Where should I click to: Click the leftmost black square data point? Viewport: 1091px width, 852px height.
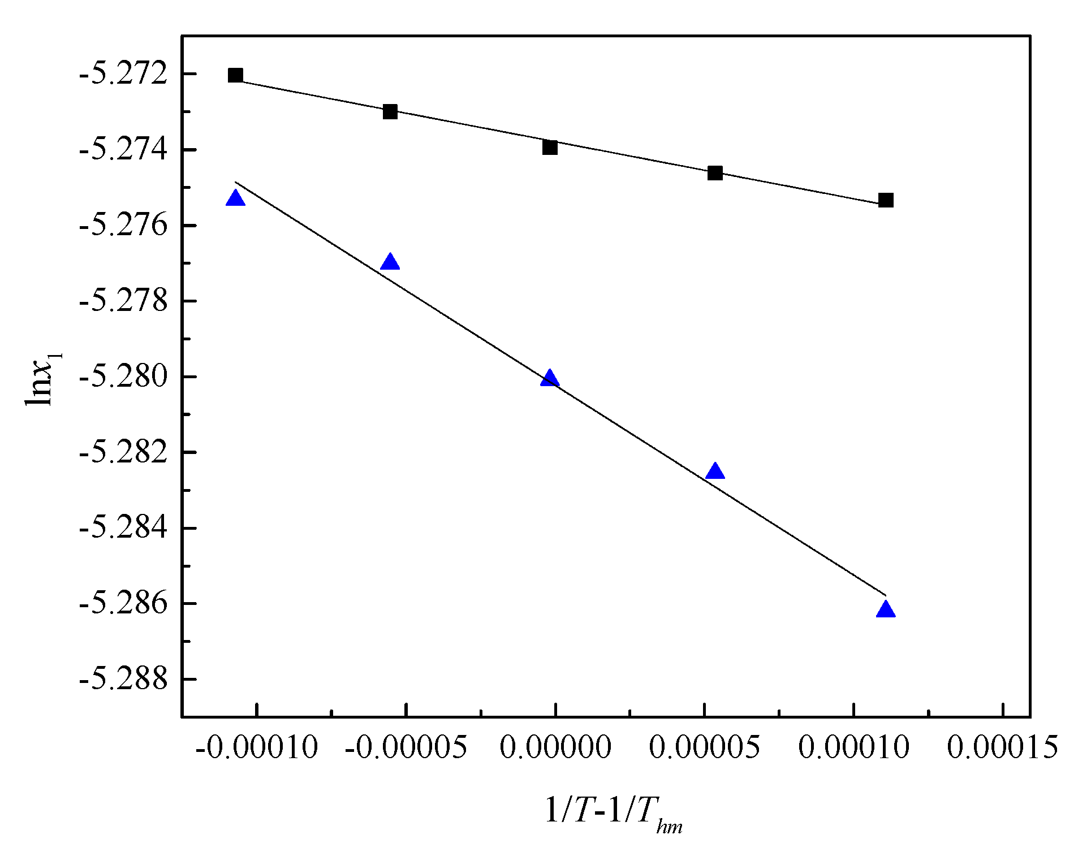point(235,75)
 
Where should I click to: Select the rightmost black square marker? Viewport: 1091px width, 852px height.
point(886,200)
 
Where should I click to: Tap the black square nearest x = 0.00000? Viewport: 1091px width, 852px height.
point(550,148)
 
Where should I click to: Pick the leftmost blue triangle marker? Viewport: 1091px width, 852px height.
point(235,198)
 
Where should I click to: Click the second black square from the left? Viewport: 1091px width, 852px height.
point(390,111)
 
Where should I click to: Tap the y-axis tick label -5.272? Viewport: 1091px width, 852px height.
point(123,74)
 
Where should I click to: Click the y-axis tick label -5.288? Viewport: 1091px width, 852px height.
point(123,679)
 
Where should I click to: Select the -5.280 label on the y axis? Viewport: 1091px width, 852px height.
point(123,377)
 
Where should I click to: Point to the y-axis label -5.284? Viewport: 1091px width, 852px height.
point(123,528)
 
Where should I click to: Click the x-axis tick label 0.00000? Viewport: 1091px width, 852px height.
point(555,747)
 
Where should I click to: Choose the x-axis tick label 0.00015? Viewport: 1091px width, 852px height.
point(1002,747)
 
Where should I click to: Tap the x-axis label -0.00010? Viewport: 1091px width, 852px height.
point(257,747)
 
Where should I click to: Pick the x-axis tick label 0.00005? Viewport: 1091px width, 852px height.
point(704,747)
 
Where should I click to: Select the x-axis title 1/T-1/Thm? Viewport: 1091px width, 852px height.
point(613,812)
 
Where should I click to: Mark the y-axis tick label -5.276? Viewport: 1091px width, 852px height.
point(123,226)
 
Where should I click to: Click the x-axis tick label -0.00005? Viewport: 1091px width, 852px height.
point(406,747)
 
